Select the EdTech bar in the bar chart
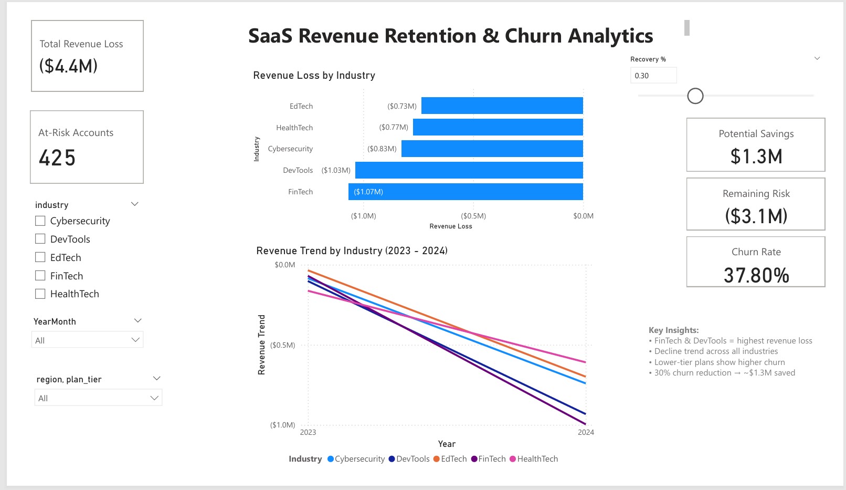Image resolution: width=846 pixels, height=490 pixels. (x=502, y=106)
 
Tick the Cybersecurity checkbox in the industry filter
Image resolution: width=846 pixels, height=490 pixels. (x=40, y=221)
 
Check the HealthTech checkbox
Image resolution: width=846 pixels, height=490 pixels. (x=40, y=294)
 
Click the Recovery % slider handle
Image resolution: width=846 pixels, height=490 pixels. (x=695, y=96)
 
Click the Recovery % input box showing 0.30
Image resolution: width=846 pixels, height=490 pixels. (x=653, y=76)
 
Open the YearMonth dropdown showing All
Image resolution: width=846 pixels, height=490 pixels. (x=87, y=340)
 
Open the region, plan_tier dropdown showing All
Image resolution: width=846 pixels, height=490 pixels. (x=98, y=398)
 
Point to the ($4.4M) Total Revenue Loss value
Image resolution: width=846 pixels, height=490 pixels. (x=68, y=66)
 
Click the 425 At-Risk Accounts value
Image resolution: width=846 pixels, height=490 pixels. (x=57, y=158)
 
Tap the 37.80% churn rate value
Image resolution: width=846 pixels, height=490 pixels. (x=756, y=275)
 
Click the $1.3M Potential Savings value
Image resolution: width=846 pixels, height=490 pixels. (x=756, y=157)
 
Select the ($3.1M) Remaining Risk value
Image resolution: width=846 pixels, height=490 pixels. (x=756, y=216)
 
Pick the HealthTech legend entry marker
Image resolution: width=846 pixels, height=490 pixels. (x=513, y=459)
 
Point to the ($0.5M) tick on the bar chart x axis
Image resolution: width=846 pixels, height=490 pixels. (x=473, y=216)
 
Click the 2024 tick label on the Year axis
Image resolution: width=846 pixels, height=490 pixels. (x=586, y=432)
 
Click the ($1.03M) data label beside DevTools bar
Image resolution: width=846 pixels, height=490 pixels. (x=336, y=170)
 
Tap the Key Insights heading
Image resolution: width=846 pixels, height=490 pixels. (x=673, y=330)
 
